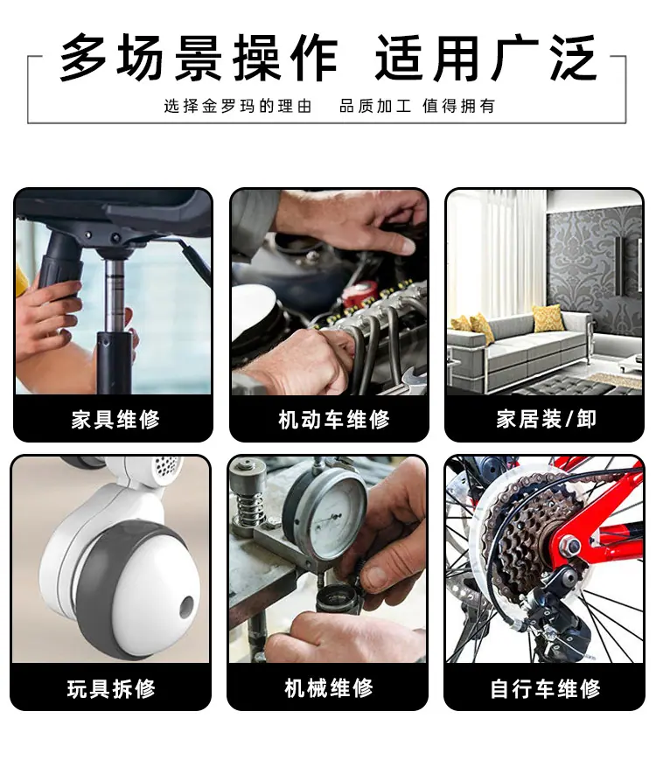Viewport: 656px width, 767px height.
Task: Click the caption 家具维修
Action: coord(115,420)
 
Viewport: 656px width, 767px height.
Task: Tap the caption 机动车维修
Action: coord(333,420)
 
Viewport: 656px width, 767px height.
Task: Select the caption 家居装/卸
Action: coord(546,419)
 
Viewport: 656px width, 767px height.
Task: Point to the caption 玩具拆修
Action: coord(111,688)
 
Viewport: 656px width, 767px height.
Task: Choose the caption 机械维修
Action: coord(329,687)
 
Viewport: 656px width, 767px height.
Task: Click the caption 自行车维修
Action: coord(545,689)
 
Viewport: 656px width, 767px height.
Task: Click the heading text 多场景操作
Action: coord(199,58)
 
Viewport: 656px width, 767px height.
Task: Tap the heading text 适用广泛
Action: coord(485,58)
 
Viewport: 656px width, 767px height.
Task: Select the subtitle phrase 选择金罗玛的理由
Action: coord(238,106)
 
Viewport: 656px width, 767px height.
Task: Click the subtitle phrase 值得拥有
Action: coord(459,106)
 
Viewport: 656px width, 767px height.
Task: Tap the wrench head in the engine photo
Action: coord(415,378)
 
